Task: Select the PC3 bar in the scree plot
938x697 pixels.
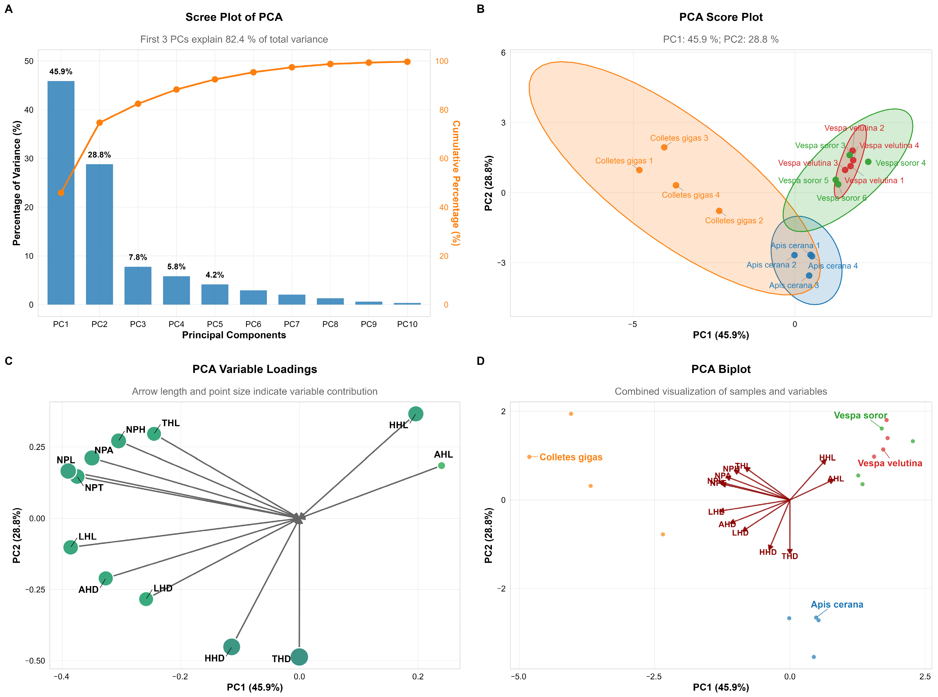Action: [x=138, y=285]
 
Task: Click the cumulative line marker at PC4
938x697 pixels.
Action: [x=176, y=89]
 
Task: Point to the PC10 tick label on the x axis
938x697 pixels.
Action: [x=407, y=324]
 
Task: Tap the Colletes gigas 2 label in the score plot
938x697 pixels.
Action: [x=734, y=221]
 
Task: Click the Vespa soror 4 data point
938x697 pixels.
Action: [x=868, y=162]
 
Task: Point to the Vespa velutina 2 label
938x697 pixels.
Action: [x=854, y=128]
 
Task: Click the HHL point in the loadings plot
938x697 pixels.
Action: [x=415, y=414]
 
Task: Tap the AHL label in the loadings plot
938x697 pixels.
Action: [x=443, y=454]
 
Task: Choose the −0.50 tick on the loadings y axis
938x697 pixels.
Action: [x=35, y=661]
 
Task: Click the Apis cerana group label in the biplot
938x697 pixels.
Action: [x=837, y=605]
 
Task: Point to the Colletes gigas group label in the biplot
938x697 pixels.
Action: [x=571, y=457]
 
